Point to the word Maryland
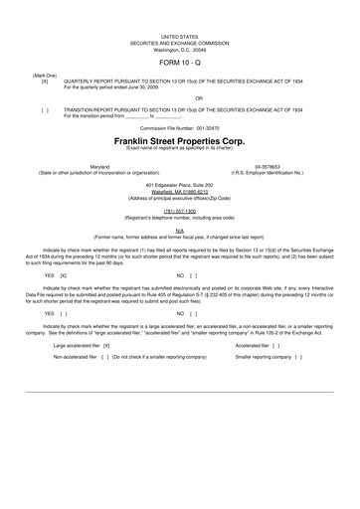[100, 166]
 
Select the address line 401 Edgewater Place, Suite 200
[179, 186]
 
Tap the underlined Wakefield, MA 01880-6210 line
[179, 192]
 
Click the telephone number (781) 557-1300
[179, 211]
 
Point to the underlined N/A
[179, 230]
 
